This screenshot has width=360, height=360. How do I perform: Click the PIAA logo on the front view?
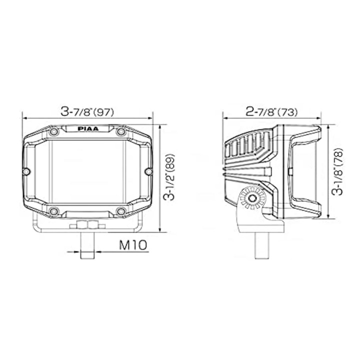pos(88,129)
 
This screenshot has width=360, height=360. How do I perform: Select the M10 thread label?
pos(132,245)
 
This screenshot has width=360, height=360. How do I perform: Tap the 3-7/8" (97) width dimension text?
pos(87,112)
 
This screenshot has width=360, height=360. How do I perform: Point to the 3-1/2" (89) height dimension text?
pos(169,177)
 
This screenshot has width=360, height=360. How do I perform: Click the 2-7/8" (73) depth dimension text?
pos(271,112)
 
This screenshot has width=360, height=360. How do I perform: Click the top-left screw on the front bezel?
pos(54,132)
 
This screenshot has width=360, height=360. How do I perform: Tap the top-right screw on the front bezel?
pos(121,132)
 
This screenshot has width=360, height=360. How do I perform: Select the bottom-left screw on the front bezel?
pos(54,211)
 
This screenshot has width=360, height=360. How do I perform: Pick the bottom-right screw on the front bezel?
pos(121,211)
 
